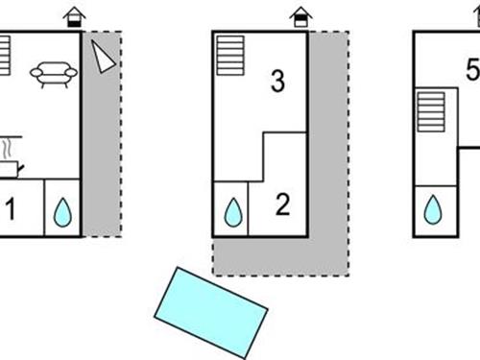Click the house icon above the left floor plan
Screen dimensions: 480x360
pyautogui.click(x=74, y=17)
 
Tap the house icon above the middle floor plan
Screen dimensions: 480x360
pyautogui.click(x=300, y=17)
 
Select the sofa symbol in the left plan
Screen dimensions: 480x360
pyautogui.click(x=54, y=75)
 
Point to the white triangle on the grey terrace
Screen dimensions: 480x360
pyautogui.click(x=103, y=57)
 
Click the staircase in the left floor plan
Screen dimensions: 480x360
pyautogui.click(x=5, y=56)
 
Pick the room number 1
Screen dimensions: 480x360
pyautogui.click(x=11, y=208)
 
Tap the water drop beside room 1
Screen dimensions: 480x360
pyautogui.click(x=62, y=212)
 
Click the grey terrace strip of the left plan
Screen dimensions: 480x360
pyautogui.click(x=102, y=134)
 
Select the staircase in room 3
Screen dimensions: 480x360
pyautogui.click(x=230, y=56)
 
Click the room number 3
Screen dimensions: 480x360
pyautogui.click(x=277, y=82)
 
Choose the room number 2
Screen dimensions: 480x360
pyautogui.click(x=282, y=204)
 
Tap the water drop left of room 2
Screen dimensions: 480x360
pyautogui.click(x=233, y=212)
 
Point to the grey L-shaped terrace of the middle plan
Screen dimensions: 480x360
pyautogui.click(x=328, y=256)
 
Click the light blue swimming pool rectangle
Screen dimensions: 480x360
pyautogui.click(x=211, y=313)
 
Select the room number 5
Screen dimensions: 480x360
pyautogui.click(x=473, y=69)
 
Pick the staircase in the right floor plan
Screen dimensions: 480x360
pyautogui.click(x=431, y=112)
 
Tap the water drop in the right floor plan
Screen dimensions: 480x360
pyautogui.click(x=433, y=209)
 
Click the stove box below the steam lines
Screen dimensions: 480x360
pyautogui.click(x=9, y=169)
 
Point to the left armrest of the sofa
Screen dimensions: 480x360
pyautogui.click(x=36, y=73)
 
